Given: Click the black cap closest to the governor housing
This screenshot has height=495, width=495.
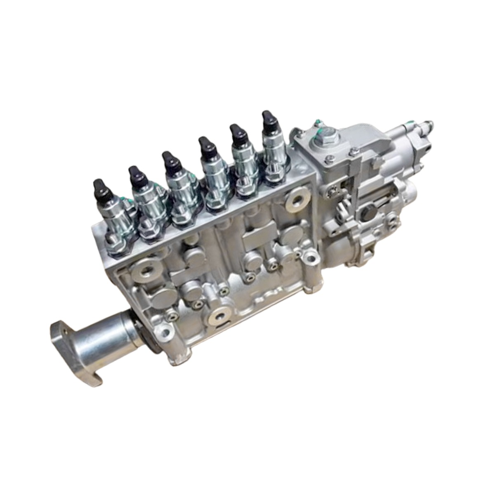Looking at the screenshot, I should click(x=269, y=120).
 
